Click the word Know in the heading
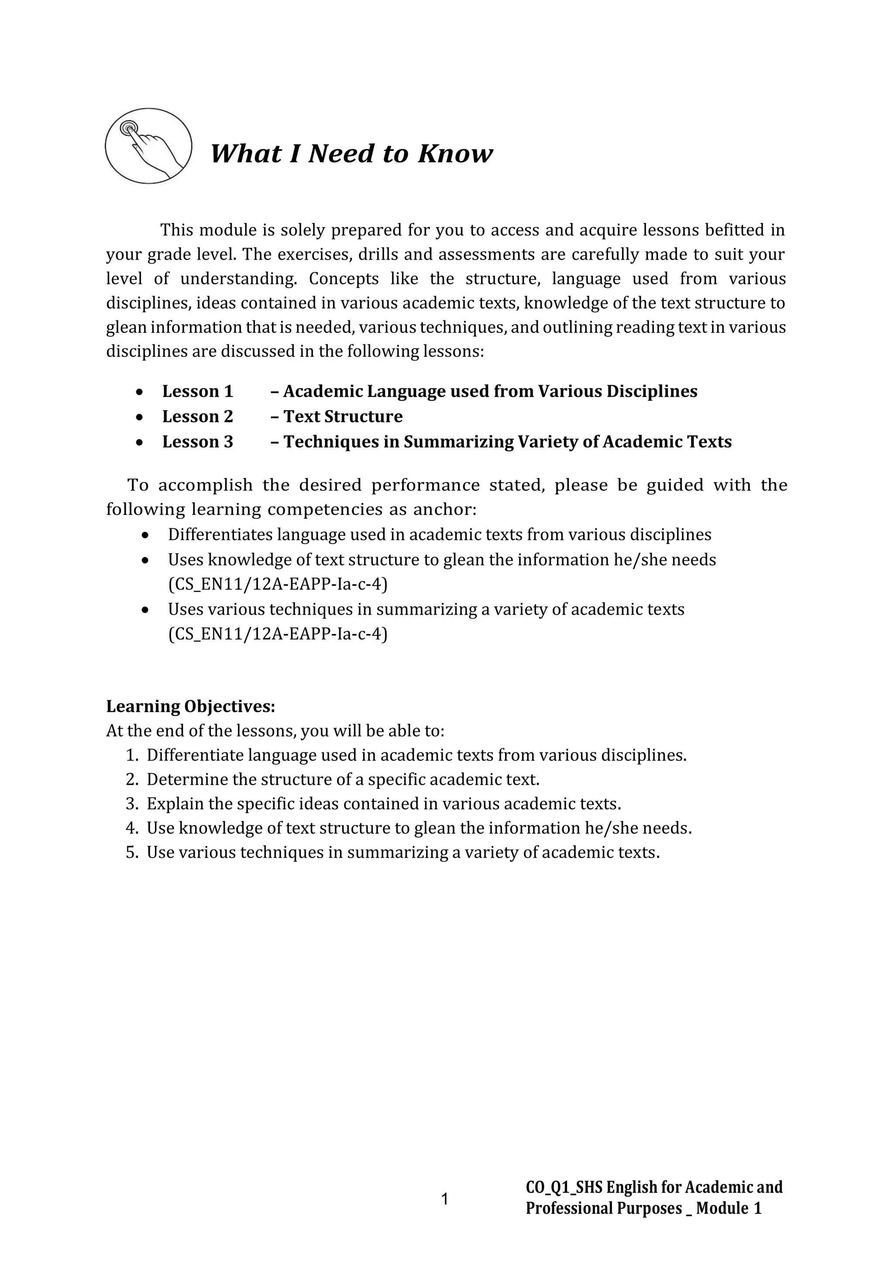coord(455,154)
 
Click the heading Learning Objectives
coord(190,706)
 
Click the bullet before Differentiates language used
coord(145,535)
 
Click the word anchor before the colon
coord(442,510)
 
